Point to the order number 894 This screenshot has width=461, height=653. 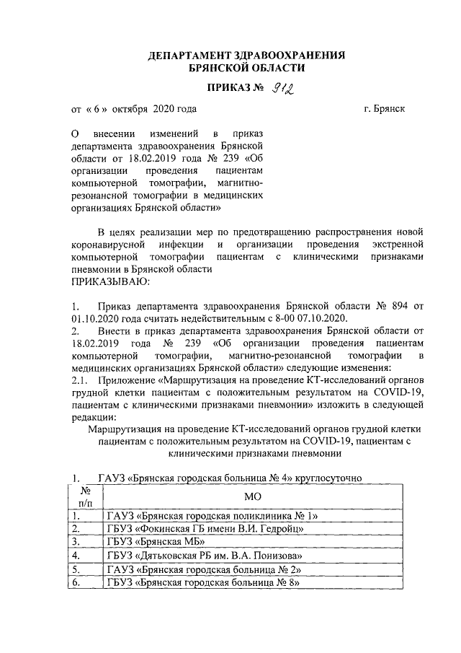[393, 305]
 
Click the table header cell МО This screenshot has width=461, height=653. [251, 496]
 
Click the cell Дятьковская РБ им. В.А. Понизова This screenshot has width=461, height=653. [204, 556]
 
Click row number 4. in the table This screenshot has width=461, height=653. [75, 556]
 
